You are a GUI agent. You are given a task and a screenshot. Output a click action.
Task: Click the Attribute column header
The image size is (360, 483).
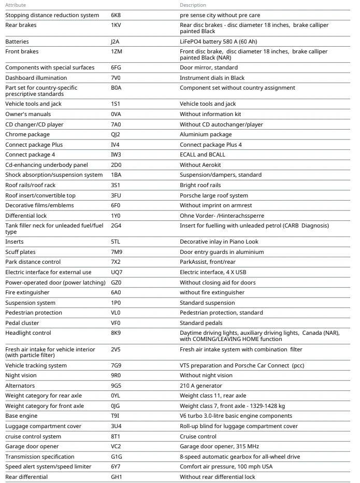[15, 5]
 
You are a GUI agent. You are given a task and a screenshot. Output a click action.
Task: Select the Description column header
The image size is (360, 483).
[193, 5]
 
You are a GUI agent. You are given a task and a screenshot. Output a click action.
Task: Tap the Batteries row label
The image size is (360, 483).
[18, 41]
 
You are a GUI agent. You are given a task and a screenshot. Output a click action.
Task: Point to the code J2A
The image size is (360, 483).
[115, 41]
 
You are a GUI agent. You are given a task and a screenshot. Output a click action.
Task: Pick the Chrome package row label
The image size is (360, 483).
[27, 134]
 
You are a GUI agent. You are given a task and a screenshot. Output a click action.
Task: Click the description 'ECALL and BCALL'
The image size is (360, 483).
[203, 154]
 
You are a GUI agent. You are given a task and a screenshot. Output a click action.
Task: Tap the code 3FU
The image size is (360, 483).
[116, 195]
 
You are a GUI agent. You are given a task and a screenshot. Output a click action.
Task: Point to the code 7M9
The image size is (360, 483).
[117, 252]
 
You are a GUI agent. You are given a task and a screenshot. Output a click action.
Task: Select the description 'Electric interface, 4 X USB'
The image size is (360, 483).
[218, 272]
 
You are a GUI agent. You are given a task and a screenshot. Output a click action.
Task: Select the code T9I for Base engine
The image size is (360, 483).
[115, 416]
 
